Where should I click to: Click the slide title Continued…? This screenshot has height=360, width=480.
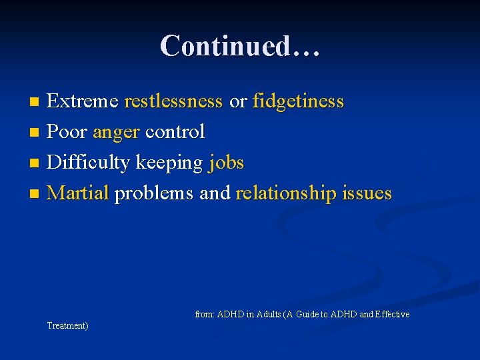click(240, 46)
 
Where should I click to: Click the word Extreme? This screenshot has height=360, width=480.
click(83, 101)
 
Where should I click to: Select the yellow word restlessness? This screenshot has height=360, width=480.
click(173, 101)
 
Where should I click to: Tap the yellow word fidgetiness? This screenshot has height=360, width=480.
click(298, 101)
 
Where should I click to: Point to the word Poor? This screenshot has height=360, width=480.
click(67, 132)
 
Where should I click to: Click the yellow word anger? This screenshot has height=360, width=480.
click(116, 133)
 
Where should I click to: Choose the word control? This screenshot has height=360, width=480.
click(175, 132)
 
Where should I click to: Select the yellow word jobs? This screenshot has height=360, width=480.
click(227, 163)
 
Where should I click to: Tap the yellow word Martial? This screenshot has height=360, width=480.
click(78, 193)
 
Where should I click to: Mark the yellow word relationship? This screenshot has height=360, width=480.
click(286, 193)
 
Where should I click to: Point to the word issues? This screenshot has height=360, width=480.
click(367, 193)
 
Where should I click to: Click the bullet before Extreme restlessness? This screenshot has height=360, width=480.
click(36, 102)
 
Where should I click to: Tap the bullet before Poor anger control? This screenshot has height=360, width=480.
click(36, 133)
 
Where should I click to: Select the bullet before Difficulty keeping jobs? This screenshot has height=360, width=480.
click(36, 163)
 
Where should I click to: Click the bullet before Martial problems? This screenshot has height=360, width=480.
click(36, 194)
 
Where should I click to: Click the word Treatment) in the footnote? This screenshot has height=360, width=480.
click(67, 325)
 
